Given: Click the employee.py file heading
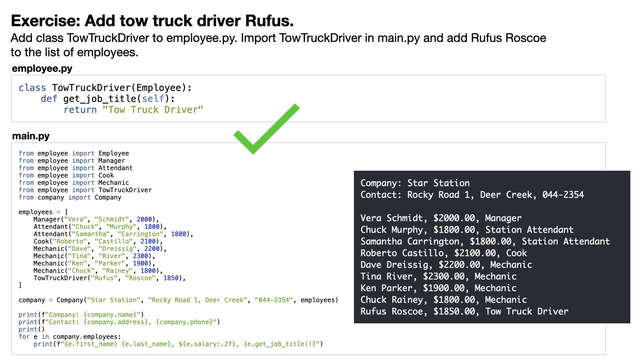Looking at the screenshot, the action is pyautogui.click(x=42, y=69).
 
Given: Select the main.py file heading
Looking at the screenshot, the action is pyautogui.click(x=31, y=136).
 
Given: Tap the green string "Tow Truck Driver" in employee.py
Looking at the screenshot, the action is pyautogui.click(x=153, y=110).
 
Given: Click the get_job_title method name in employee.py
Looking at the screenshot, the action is pyautogui.click(x=100, y=99).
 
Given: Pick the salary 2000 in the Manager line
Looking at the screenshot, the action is pyautogui.click(x=144, y=219).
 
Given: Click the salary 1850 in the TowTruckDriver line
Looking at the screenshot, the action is pyautogui.click(x=171, y=278).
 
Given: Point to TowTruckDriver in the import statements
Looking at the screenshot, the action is pyautogui.click(x=125, y=190).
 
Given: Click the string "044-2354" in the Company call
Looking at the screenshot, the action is pyautogui.click(x=274, y=300).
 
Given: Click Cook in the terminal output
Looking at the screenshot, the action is pyautogui.click(x=517, y=253).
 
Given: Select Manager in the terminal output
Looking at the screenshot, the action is pyautogui.click(x=503, y=218).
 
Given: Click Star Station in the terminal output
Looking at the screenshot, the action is pyautogui.click(x=439, y=183).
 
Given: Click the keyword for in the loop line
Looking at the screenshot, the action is pyautogui.click(x=24, y=337).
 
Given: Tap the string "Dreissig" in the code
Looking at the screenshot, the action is pyautogui.click(x=117, y=249).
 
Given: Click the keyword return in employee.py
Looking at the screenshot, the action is pyautogui.click(x=80, y=110).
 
